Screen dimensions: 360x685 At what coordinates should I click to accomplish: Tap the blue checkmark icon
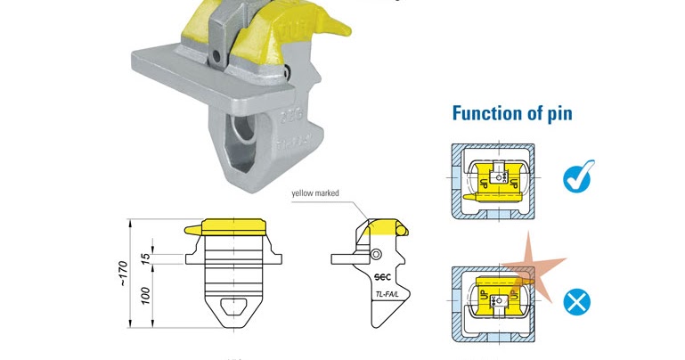coord(579,177)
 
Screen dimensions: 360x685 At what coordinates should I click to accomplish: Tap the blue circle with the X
coord(577,303)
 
